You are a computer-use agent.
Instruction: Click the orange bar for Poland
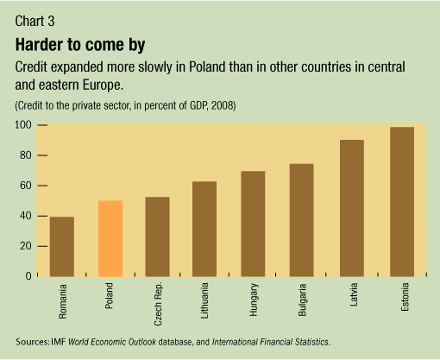tap(110, 238)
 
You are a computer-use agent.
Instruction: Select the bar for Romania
tap(62, 247)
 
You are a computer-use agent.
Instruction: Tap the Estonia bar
tap(402, 202)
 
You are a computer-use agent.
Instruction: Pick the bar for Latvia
tap(352, 208)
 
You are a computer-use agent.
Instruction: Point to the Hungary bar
tap(253, 224)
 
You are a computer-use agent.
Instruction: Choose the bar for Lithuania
tap(204, 229)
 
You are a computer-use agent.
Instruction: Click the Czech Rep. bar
tap(157, 237)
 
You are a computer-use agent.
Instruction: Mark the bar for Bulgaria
tap(301, 220)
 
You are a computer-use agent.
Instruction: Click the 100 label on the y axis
tap(23, 125)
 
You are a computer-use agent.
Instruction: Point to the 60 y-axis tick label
tap(26, 186)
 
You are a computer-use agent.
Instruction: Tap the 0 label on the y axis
tap(28, 276)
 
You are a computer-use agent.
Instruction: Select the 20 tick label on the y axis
tap(26, 246)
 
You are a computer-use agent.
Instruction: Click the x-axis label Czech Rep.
tap(158, 303)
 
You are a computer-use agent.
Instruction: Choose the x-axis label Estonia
tap(405, 297)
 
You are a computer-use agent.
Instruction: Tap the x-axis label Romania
tap(62, 301)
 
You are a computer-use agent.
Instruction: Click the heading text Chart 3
tap(35, 21)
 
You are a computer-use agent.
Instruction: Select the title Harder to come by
tap(80, 45)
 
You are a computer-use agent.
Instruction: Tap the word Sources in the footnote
tap(32, 342)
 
